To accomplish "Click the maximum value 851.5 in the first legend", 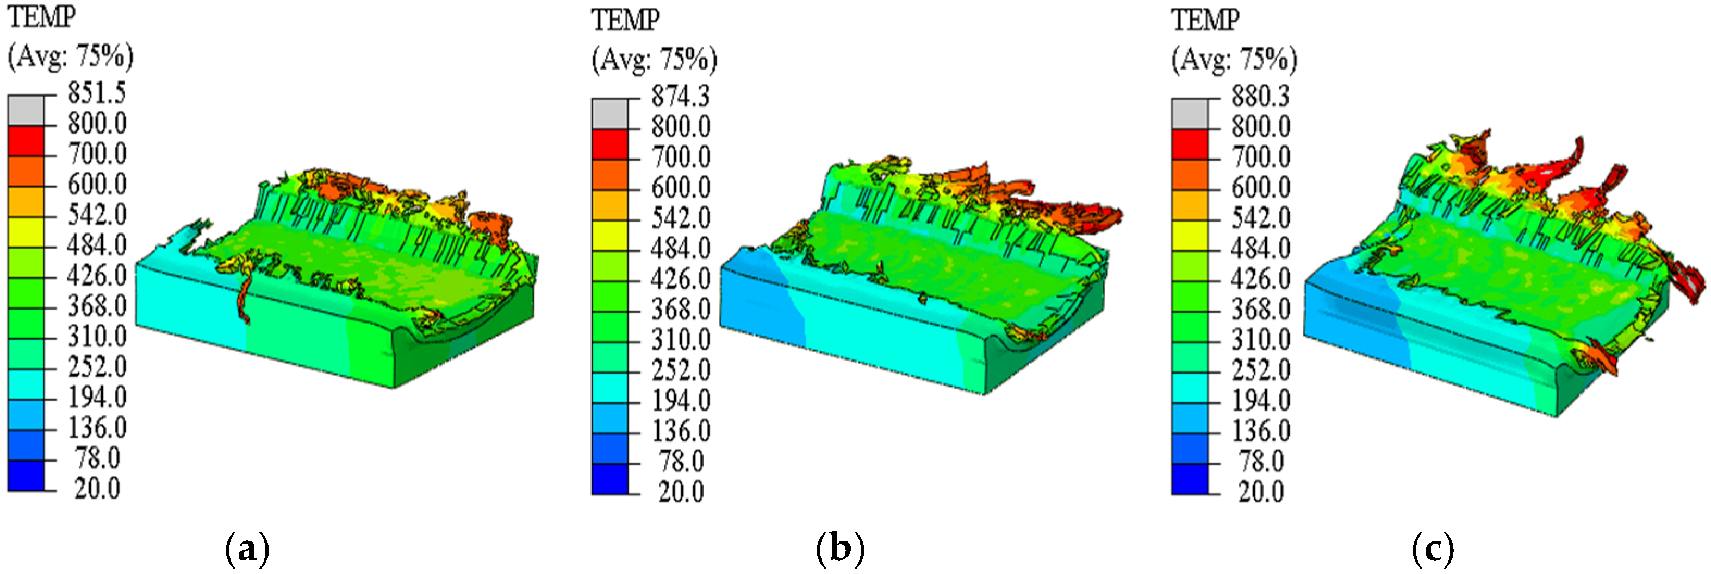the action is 96,93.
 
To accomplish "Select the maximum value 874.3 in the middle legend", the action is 680,97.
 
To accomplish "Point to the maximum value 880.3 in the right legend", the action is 1260,97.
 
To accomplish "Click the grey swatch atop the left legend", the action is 26,110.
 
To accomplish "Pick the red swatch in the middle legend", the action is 609,144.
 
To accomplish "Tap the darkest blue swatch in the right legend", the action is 1190,479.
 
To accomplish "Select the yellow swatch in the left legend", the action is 26,231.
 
